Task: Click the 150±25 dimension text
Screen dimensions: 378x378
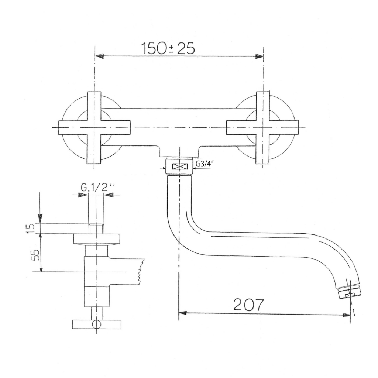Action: click(x=168, y=48)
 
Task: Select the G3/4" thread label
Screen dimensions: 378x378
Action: click(x=204, y=164)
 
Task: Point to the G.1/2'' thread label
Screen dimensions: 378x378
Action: click(x=97, y=187)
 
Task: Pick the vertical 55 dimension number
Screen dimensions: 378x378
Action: click(x=35, y=255)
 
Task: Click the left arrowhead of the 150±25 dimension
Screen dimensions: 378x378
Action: click(x=100, y=56)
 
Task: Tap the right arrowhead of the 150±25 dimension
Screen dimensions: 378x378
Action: click(x=259, y=56)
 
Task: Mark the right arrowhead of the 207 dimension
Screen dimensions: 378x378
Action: click(x=346, y=315)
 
